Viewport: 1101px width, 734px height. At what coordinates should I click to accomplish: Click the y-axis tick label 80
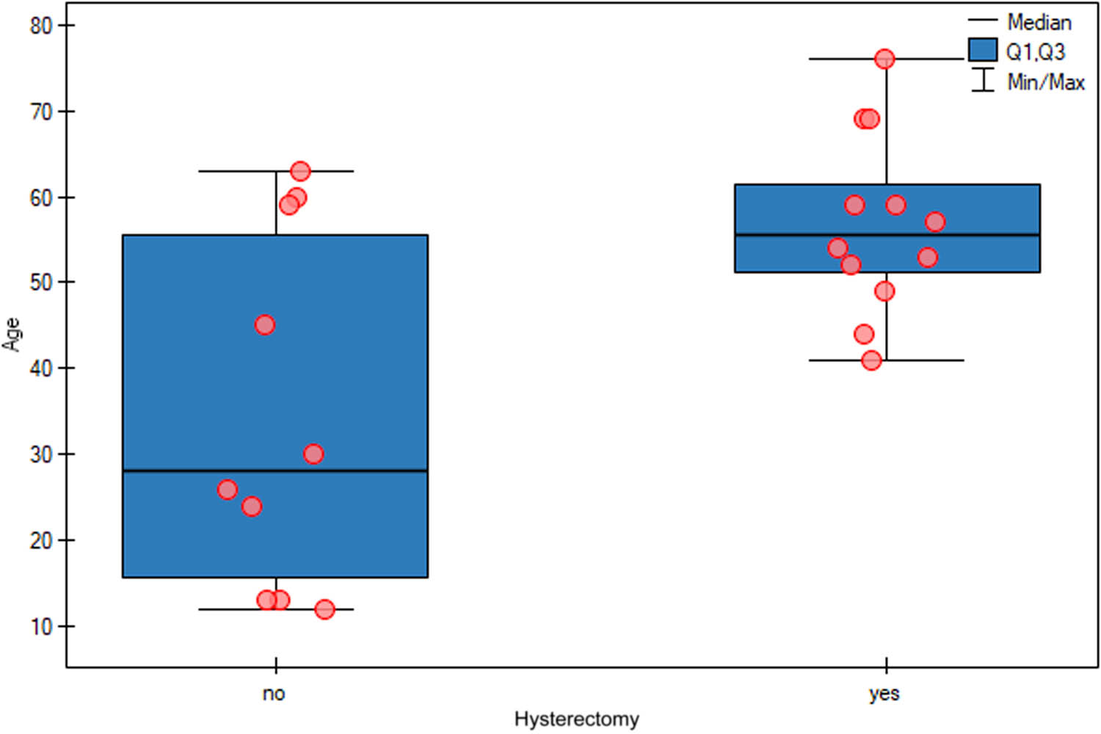[x=41, y=26]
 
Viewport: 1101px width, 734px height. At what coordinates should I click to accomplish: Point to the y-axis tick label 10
[x=41, y=627]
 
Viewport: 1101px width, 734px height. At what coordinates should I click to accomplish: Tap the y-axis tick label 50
[x=41, y=283]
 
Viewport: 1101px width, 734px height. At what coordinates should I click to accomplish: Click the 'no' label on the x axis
[x=274, y=694]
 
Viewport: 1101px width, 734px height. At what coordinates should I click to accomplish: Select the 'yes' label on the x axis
[x=884, y=694]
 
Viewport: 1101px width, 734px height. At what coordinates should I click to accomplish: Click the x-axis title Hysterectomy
[x=576, y=719]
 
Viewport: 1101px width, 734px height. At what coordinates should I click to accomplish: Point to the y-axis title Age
[x=12, y=335]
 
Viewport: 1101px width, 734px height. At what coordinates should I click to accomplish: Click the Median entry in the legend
[x=1039, y=23]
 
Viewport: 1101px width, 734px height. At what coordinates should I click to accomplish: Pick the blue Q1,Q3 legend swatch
[x=983, y=50]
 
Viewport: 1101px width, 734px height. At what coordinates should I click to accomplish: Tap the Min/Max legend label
[x=1045, y=82]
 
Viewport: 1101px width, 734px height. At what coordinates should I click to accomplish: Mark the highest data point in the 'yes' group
[x=884, y=59]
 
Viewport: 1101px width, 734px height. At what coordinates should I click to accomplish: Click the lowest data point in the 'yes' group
[x=871, y=360]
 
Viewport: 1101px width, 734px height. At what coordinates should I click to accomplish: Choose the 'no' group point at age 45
[x=265, y=325]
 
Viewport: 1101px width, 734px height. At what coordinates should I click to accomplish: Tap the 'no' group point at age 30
[x=313, y=454]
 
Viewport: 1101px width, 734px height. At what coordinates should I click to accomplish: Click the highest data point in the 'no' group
[x=300, y=172]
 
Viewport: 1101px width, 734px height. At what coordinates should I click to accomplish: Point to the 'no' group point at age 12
[x=324, y=609]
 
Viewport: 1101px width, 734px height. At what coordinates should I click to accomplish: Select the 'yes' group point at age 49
[x=884, y=291]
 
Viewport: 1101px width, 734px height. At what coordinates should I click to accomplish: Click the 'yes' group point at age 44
[x=864, y=335]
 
